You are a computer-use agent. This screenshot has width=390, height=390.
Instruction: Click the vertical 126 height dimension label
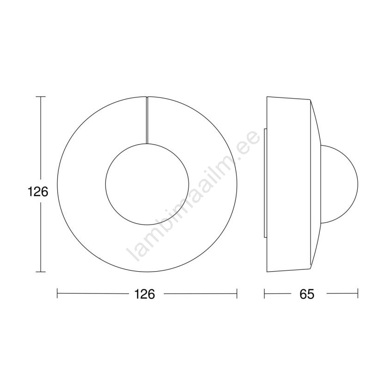point(37,192)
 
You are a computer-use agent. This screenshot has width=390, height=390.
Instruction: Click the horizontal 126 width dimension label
point(145,294)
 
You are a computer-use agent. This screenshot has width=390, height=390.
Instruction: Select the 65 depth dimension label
point(307,294)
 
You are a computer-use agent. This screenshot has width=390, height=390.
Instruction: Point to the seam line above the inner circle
point(147,120)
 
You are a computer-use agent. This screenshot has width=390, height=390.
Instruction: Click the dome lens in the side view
point(358,184)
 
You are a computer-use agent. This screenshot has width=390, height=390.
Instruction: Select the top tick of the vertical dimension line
point(41,97)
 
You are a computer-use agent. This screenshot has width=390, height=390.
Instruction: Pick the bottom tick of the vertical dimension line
point(41,272)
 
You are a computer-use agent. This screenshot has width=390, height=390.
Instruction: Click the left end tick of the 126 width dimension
point(57,293)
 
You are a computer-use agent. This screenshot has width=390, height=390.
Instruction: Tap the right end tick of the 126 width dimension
point(237,293)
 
